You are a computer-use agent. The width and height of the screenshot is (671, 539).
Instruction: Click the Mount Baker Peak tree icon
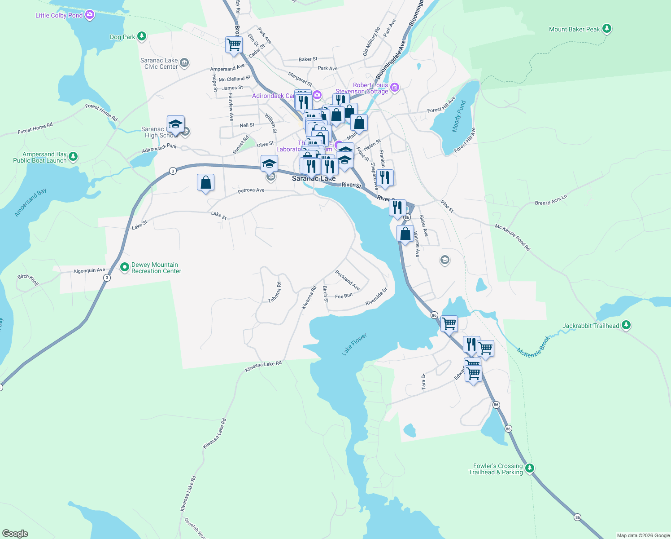606,29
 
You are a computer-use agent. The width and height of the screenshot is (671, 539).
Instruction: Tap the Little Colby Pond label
59,15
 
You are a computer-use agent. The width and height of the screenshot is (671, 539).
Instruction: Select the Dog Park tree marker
142,36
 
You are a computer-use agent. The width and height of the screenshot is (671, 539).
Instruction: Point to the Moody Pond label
459,116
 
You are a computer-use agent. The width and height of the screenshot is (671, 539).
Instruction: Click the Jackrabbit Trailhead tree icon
626,325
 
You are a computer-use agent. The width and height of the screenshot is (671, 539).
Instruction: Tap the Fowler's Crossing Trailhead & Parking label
496,469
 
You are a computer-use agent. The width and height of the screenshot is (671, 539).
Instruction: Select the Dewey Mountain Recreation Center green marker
125,268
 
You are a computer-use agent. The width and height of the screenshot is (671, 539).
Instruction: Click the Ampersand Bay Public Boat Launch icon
73,157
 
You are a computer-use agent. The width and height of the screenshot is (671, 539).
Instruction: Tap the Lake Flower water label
354,344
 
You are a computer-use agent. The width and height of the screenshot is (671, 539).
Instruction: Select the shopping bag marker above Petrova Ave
205,182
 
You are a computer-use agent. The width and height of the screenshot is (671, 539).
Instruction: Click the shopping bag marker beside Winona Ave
405,234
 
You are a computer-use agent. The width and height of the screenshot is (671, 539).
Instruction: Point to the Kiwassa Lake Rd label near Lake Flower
263,367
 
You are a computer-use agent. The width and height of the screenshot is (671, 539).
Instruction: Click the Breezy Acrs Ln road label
551,200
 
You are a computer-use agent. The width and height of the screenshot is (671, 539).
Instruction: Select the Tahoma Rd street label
274,292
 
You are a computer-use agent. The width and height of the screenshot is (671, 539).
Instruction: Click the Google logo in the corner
15,533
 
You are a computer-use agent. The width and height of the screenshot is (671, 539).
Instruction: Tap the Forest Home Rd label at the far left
35,128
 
